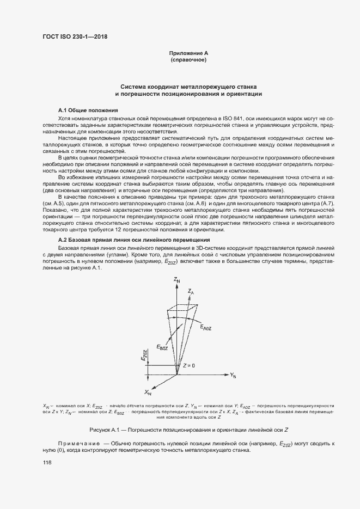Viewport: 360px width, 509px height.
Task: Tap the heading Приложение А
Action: pyautogui.click(x=189, y=53)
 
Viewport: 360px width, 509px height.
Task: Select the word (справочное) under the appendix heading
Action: pyautogui.click(x=188, y=60)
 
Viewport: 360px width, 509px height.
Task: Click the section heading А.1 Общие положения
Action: pyautogui.click(x=84, y=109)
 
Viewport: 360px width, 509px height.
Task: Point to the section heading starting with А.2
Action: pyautogui.click(x=133, y=240)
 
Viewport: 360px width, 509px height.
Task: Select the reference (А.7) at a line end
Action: pyautogui.click(x=325, y=203)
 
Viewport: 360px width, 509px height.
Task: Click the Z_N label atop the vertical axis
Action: pyautogui.click(x=176, y=279)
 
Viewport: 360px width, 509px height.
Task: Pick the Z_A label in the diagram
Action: pyautogui.click(x=191, y=292)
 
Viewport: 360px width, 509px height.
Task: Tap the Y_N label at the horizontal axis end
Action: pyautogui.click(x=233, y=376)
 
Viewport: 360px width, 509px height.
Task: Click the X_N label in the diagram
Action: pyautogui.click(x=148, y=392)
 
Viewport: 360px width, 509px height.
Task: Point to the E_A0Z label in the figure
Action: pyautogui.click(x=206, y=327)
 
